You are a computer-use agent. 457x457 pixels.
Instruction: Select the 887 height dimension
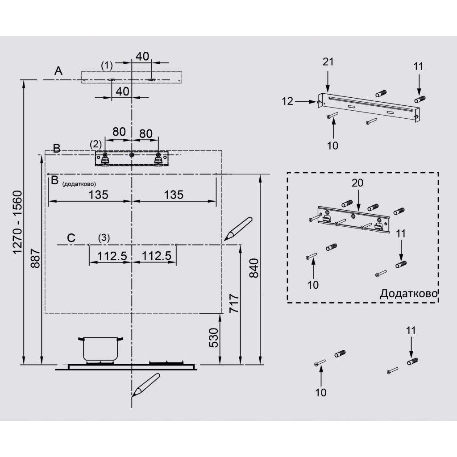[36, 263]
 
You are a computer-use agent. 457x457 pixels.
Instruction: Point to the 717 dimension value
[234, 305]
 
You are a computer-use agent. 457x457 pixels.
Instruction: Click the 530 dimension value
[214, 337]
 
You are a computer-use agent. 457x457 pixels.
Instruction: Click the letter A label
[58, 71]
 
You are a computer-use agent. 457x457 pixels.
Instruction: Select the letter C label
[71, 238]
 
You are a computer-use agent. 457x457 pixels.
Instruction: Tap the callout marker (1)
[107, 65]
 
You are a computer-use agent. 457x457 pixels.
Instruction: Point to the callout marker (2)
[96, 144]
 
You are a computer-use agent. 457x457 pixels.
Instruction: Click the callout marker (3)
[104, 237]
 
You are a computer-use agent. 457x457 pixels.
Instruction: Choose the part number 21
[328, 62]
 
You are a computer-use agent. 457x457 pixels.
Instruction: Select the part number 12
[288, 102]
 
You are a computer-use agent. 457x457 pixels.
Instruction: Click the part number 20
[357, 183]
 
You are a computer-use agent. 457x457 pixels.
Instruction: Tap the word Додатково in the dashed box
[408, 293]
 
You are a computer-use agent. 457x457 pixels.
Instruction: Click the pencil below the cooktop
[146, 385]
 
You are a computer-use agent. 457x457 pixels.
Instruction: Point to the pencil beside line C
[238, 228]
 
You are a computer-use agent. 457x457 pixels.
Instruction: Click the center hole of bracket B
[132, 155]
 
